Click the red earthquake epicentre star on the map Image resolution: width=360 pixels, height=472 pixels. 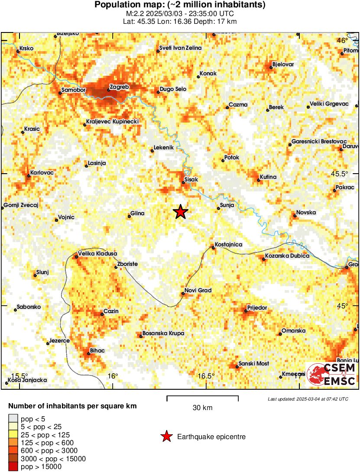[x=181, y=212]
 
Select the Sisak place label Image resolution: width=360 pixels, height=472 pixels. [x=191, y=179]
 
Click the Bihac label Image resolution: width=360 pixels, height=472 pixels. [x=97, y=350]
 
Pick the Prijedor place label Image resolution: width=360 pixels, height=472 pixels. [x=257, y=308]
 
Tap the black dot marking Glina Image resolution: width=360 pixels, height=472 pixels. [x=129, y=216]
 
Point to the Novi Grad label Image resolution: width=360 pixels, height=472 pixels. [x=198, y=290]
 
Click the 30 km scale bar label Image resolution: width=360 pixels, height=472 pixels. [x=202, y=407]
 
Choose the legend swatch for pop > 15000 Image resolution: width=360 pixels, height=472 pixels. [x=13, y=467]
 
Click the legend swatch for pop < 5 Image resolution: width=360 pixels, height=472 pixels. [x=13, y=418]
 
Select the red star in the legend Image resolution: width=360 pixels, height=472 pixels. [x=166, y=437]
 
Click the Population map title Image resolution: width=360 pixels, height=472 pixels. [x=180, y=5]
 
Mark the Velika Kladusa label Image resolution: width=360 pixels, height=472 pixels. [x=97, y=253]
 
